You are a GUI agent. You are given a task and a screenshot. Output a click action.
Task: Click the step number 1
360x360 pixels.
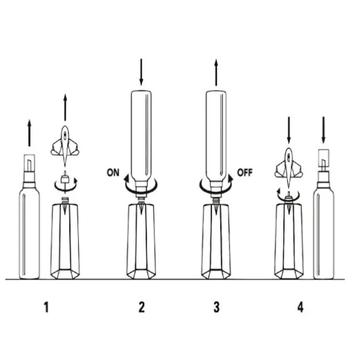47,307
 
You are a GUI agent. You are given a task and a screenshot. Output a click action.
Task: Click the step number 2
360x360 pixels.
142,307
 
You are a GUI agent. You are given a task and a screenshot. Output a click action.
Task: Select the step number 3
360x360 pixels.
217,307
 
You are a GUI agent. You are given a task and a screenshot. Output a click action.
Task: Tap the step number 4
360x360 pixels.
300,307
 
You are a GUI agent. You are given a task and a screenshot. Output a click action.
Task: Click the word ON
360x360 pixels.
113,172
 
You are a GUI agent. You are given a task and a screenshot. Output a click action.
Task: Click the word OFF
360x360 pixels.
244,172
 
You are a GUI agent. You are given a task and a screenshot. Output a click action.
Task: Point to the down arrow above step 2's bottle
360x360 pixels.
141,72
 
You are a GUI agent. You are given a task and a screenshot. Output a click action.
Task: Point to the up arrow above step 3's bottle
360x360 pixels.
216,73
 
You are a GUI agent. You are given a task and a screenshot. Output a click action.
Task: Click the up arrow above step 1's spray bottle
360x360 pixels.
29,133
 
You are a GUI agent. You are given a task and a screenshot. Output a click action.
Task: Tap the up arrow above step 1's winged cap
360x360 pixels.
65,107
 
